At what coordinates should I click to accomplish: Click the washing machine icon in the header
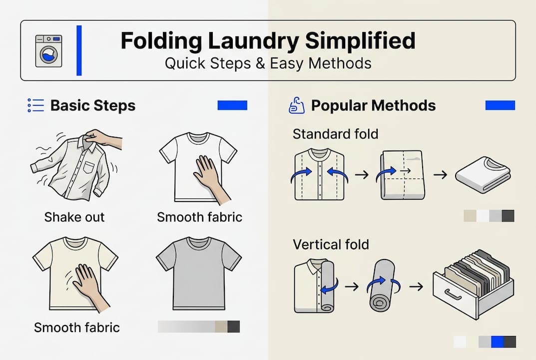48,50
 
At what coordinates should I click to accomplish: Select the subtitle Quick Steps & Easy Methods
268,64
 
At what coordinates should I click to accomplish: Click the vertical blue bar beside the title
79,50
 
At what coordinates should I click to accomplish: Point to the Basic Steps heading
93,106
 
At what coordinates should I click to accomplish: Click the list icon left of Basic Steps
36,105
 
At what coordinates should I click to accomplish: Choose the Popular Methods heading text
373,106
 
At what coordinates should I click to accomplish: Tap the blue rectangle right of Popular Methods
500,105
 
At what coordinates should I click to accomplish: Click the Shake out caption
74,217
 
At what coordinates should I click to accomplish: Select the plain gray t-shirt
198,273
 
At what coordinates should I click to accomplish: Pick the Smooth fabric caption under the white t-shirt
199,217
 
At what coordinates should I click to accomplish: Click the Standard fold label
335,134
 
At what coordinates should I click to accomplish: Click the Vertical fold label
331,244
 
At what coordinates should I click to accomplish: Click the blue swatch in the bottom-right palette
497,341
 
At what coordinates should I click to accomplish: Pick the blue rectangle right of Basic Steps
232,105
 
